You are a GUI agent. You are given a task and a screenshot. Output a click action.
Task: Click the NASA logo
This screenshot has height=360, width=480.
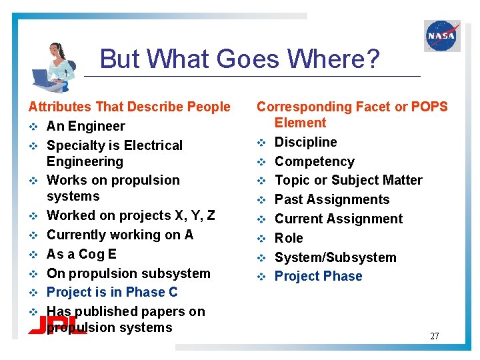tap(441, 36)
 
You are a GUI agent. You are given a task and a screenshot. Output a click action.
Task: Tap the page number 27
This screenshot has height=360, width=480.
tap(434, 336)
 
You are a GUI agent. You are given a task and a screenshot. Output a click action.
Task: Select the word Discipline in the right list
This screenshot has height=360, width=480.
tap(306, 142)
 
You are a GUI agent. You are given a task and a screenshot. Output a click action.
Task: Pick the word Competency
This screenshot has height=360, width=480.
tap(315, 161)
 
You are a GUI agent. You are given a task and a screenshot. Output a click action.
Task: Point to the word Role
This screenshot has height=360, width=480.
tap(289, 238)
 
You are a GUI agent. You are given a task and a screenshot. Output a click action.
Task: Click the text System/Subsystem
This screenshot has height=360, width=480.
tap(335, 257)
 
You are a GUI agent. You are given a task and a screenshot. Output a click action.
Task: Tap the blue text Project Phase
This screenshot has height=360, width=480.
tap(319, 276)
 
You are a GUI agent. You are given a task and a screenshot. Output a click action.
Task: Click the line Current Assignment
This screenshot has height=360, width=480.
tap(339, 219)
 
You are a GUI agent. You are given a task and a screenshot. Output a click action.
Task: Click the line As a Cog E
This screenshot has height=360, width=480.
tap(81, 254)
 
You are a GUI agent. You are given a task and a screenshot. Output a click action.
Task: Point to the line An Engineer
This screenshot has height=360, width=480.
tap(86, 126)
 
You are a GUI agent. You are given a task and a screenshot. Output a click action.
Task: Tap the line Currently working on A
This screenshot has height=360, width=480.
tap(120, 235)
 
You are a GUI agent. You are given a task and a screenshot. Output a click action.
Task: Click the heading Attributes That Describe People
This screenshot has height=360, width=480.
tap(129, 107)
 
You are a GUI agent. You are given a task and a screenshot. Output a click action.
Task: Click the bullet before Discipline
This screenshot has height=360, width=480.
tap(262, 143)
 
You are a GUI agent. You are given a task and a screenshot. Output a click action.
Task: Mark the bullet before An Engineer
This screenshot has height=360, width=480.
tap(32, 127)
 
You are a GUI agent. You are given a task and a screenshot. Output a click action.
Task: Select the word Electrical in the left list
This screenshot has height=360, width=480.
tap(148, 145)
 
